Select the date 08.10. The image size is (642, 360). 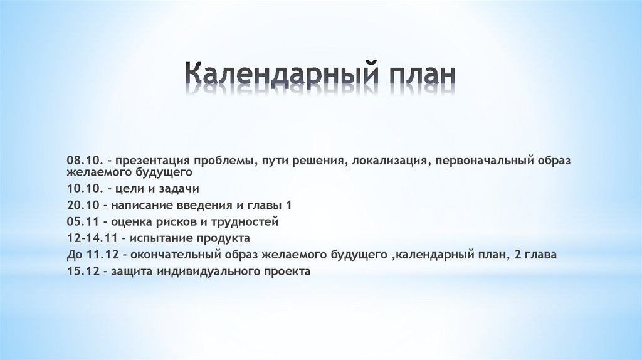click(83, 161)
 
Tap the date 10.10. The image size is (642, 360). click(83, 188)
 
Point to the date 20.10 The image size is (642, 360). click(82, 205)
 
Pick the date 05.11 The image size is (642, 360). click(82, 221)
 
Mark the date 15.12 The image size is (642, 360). click(82, 272)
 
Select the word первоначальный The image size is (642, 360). click(481, 161)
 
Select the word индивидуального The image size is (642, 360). click(209, 272)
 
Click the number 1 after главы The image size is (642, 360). click(288, 205)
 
